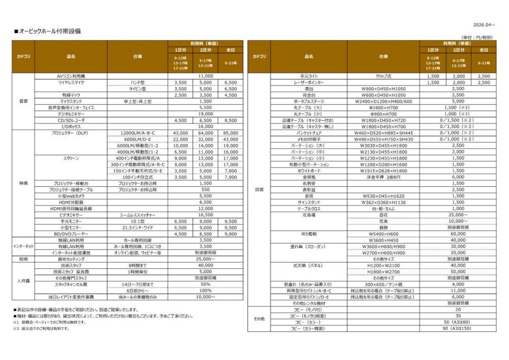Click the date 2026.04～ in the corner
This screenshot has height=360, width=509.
[484, 24]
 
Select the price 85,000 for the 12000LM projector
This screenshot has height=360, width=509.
[230, 133]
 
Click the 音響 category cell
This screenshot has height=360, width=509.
[23, 101]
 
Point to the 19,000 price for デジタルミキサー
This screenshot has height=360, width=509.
[205, 114]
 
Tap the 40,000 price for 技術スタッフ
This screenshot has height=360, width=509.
[205, 265]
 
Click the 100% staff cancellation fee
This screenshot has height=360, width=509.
[205, 290]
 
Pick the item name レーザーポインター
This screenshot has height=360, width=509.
[308, 82]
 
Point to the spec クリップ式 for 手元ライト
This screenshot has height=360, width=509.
[383, 76]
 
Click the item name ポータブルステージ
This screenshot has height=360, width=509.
[308, 101]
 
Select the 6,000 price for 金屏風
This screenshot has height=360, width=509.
[458, 177]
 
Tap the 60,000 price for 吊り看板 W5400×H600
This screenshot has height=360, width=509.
[458, 234]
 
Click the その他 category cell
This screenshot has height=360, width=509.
[259, 319]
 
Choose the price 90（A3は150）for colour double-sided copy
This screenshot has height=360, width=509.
[458, 328]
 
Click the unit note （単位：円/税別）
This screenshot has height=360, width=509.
[476, 38]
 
